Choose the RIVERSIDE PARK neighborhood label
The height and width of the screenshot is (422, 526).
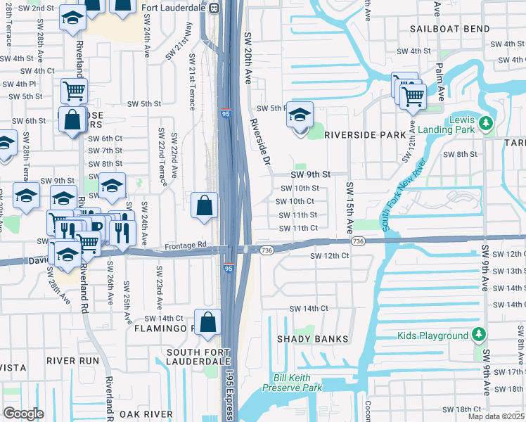tap(364, 134)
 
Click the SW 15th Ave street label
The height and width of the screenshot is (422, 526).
tap(349, 207)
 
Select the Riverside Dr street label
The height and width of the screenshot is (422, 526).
tap(260, 141)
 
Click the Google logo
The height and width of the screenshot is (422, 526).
tap(23, 413)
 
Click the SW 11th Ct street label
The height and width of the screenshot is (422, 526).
tap(299, 228)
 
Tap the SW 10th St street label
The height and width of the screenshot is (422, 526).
tap(300, 188)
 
